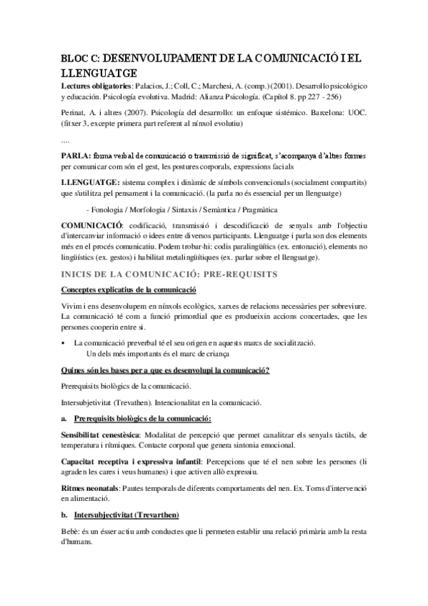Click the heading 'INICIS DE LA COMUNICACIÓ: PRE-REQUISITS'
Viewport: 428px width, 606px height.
tap(169, 273)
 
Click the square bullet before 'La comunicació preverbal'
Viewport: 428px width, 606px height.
tap(64, 344)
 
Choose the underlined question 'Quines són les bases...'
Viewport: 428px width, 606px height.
tap(165, 370)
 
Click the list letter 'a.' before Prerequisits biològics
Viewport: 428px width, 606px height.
tap(64, 417)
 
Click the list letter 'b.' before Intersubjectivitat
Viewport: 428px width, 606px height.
tap(64, 515)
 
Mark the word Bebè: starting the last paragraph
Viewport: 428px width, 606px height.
tap(71, 532)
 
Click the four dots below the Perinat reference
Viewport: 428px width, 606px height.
tap(66, 141)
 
